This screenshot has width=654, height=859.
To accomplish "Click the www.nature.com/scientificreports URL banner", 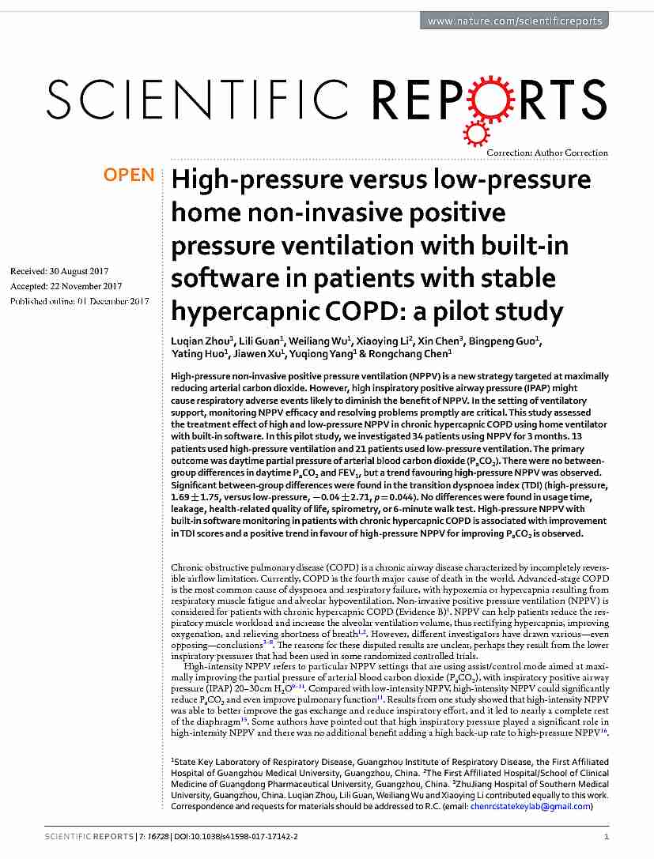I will click(x=514, y=21).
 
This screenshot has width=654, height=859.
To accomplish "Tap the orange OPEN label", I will click(x=129, y=175).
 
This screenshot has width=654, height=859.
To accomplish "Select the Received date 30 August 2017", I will click(x=59, y=271).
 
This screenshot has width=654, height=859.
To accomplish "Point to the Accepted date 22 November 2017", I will click(x=66, y=286).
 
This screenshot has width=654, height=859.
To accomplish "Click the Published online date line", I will click(x=80, y=301).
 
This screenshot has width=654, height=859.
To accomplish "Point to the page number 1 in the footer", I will click(x=606, y=836).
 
